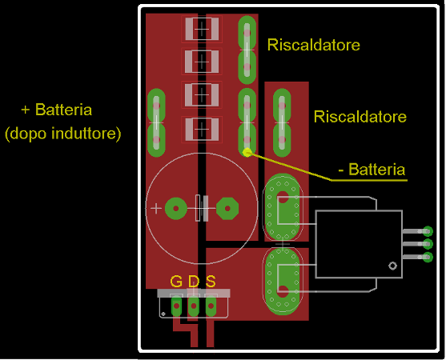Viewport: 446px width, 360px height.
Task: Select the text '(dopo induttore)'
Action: pyautogui.click(x=63, y=134)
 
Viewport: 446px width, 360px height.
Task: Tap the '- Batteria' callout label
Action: pyautogui.click(x=372, y=170)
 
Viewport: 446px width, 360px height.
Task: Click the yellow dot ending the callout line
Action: pyautogui.click(x=247, y=152)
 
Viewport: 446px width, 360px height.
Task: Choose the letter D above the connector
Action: pyautogui.click(x=194, y=281)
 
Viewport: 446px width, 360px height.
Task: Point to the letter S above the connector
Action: pyautogui.click(x=211, y=281)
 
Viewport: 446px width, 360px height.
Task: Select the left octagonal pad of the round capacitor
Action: pyautogui.click(x=175, y=209)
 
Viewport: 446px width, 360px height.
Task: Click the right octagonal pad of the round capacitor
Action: pyautogui.click(x=227, y=209)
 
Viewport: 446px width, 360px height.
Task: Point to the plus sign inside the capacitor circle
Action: pyautogui.click(x=155, y=209)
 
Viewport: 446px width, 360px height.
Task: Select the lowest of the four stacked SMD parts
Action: pyautogui.click(x=202, y=126)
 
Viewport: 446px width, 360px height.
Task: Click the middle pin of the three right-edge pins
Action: pyautogui.click(x=428, y=244)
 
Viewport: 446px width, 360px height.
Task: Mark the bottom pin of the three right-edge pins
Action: pyautogui.click(x=428, y=257)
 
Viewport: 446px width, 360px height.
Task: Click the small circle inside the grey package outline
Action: pyautogui.click(x=392, y=266)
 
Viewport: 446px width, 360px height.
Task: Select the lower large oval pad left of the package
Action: pyautogui.click(x=282, y=281)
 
